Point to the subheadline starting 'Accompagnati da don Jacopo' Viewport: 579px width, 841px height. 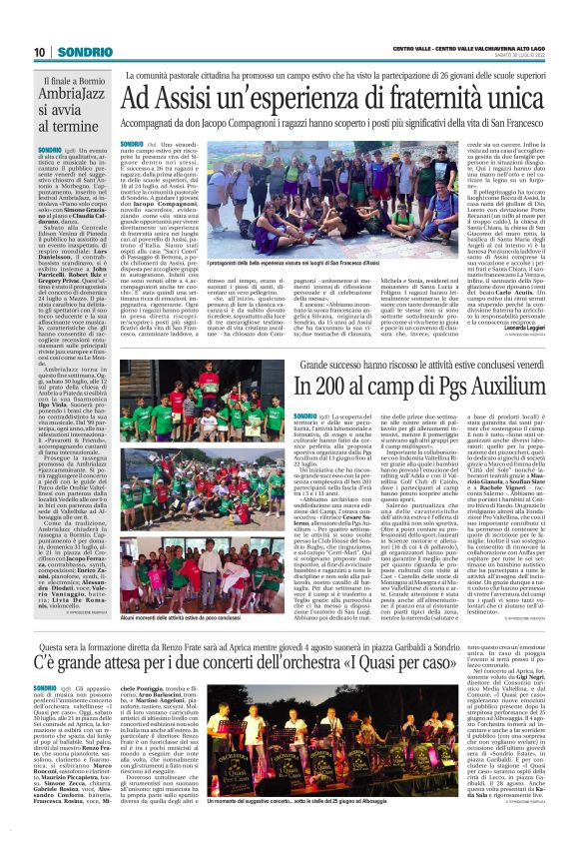click(345, 126)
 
